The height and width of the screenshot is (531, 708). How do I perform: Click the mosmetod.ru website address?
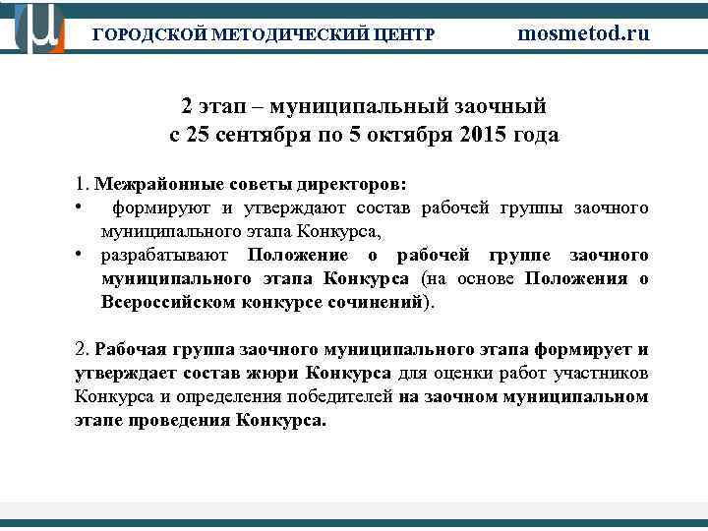584,32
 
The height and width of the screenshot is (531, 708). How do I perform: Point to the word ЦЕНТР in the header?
404,34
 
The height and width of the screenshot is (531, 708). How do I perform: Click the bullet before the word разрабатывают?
78,256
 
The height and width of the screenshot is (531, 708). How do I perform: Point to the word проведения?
180,421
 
